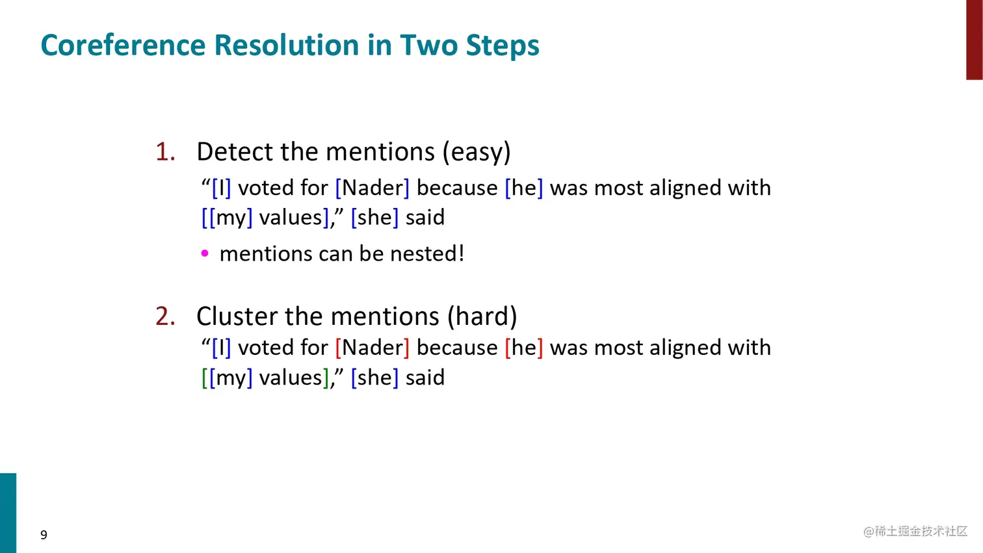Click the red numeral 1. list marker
165,152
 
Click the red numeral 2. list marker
165,316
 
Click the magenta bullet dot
205,254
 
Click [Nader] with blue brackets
372,188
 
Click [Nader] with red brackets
372,348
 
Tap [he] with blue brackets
523,188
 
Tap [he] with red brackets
523,348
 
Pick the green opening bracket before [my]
204,378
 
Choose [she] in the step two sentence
374,378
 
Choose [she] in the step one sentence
374,218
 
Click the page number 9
44,535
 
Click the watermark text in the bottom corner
915,532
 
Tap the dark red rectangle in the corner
974,39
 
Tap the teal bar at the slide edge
8,513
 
